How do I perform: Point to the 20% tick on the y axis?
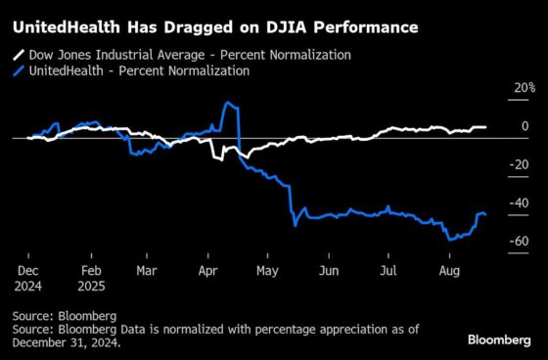525,88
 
